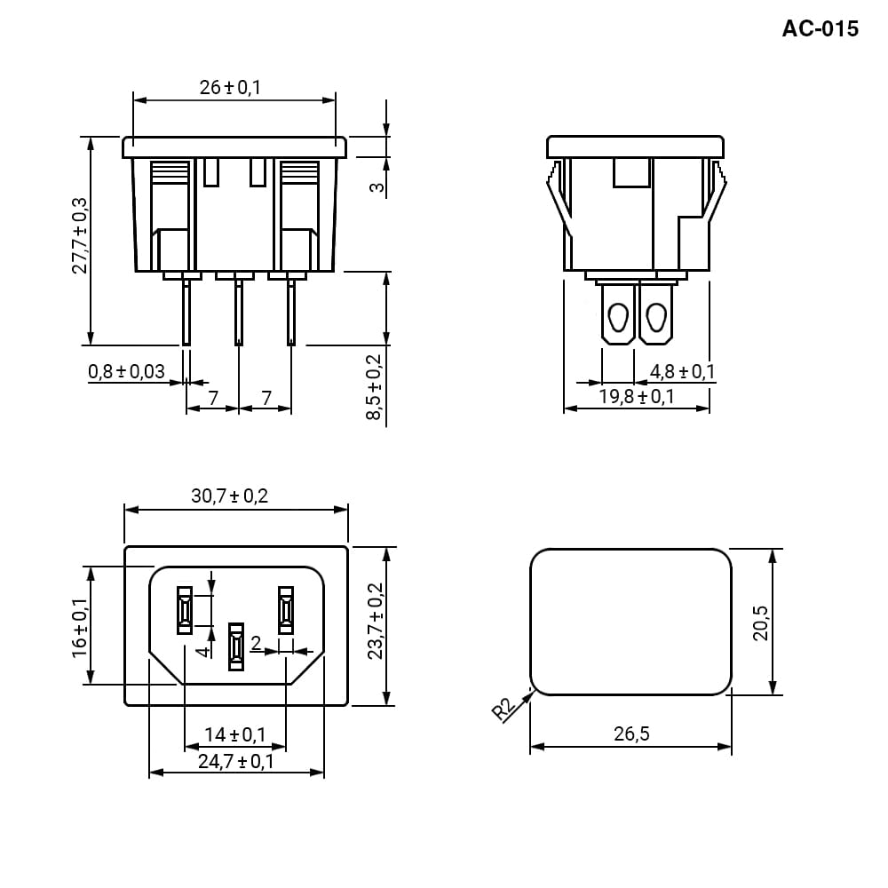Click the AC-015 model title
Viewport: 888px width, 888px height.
coord(820,28)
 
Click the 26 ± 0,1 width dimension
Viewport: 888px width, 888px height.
coord(230,87)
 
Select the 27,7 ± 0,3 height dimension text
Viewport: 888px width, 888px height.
coord(79,235)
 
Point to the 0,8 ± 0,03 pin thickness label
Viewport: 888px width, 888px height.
coord(126,371)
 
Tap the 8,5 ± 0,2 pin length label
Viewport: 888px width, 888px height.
coord(375,387)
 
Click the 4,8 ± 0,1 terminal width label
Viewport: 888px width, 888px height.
coord(682,371)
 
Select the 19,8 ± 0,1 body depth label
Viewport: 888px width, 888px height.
coord(637,396)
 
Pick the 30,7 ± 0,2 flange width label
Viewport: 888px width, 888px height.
coord(229,496)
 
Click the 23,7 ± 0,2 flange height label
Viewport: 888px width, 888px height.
coord(376,621)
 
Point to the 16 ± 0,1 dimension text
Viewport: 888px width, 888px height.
coord(79,628)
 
